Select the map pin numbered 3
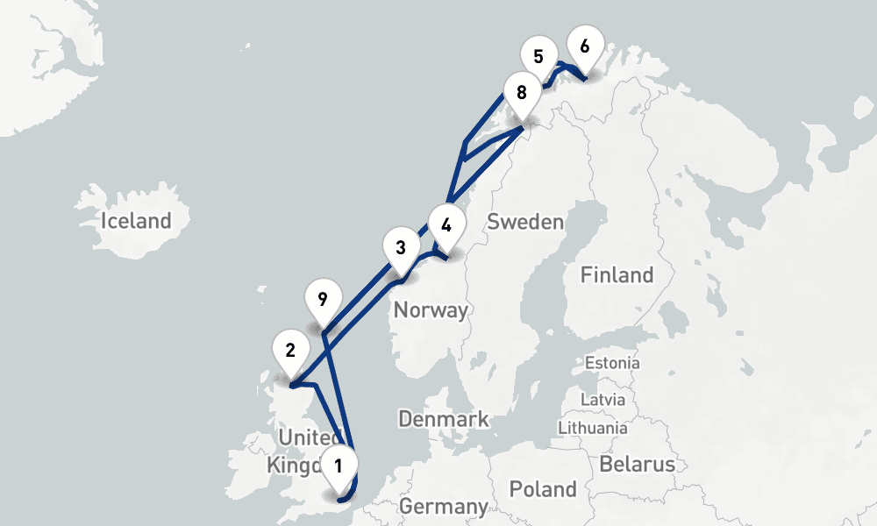point(401,247)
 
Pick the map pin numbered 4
point(446,224)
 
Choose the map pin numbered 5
point(538,57)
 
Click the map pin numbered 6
point(586,46)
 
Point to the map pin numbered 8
point(522,91)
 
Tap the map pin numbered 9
point(323,300)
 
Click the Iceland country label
point(136,220)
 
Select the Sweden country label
point(525,222)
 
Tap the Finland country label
point(617,275)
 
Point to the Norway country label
point(430,309)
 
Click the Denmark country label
point(444,419)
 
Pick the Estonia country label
point(612,363)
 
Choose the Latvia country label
point(603,399)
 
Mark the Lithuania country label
point(592,428)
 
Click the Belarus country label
point(637,464)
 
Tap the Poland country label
point(544,488)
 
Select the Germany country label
point(443,507)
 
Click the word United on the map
point(305,437)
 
